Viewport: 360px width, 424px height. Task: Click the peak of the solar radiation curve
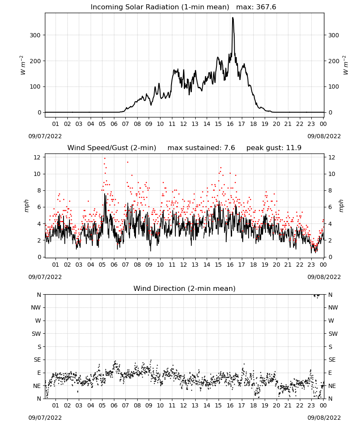pos(233,18)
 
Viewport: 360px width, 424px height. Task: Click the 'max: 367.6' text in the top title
pos(256,7)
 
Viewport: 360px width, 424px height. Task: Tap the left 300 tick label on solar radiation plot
pos(35,35)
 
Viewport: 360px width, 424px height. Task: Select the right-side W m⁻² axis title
pos(346,65)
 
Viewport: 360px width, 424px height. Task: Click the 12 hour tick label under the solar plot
pos(183,124)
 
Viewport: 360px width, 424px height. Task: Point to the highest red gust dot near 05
pos(105,159)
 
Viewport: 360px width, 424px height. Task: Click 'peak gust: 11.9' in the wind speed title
pos(274,148)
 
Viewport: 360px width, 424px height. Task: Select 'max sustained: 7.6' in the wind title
pos(201,148)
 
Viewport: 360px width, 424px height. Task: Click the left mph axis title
pos(26,206)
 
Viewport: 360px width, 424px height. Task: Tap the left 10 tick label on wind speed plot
pos(37,174)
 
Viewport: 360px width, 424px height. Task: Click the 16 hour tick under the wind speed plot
pos(230,265)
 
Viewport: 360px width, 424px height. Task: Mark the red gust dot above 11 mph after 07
pos(127,162)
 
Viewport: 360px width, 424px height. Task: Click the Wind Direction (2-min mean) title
pos(185,288)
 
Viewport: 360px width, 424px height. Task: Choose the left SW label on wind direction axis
pos(36,334)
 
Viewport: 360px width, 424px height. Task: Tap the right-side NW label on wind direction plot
pos(333,307)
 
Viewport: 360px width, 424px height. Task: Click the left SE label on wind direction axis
pos(37,360)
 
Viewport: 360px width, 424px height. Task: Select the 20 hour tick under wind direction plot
pos(276,405)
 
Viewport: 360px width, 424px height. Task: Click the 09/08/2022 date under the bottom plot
pos(324,418)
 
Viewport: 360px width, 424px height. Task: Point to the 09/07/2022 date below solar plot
pos(45,136)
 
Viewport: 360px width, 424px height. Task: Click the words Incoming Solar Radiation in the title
pos(135,7)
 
